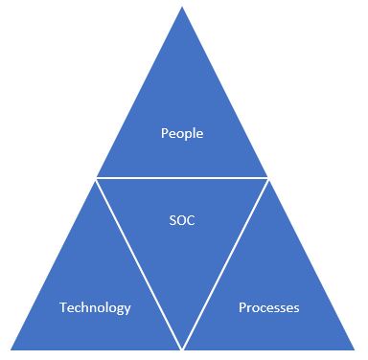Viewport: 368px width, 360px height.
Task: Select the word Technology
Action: tap(95, 307)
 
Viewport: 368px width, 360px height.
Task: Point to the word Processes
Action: tap(268, 307)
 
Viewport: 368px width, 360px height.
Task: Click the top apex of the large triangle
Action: tap(182, 7)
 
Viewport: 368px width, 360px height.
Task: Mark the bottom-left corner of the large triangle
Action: tap(10, 349)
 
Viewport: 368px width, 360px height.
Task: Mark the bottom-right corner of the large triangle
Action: tap(356, 349)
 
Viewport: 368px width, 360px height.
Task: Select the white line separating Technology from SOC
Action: tap(139, 263)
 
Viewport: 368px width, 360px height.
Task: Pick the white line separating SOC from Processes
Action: tap(225, 263)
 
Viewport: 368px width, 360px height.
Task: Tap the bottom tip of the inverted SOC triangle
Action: tap(182, 348)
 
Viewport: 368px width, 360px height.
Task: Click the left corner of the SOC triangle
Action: tap(97, 178)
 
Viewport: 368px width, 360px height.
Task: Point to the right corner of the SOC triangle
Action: tap(268, 178)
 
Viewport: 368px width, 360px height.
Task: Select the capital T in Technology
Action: tap(63, 307)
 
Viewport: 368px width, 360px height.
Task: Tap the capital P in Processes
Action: tap(241, 307)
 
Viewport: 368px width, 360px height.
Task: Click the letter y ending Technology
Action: tap(127, 309)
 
